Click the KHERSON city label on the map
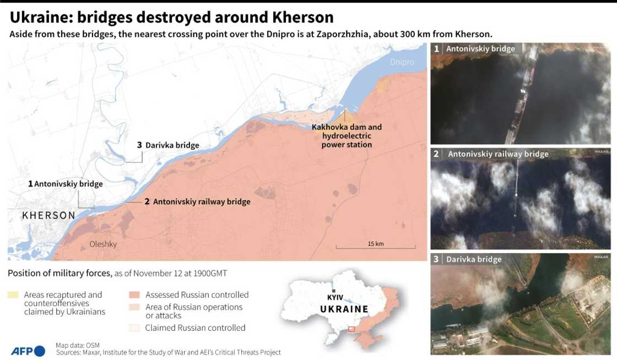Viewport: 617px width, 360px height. pos(48,215)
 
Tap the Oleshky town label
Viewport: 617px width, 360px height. pos(103,244)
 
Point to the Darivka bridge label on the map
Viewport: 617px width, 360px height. pos(168,145)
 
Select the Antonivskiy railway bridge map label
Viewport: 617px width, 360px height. pos(197,202)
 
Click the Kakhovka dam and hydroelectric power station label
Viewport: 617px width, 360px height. pos(347,135)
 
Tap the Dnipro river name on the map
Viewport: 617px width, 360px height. pos(402,62)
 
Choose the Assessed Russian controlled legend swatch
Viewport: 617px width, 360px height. pos(134,295)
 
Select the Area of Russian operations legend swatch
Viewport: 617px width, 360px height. pos(134,307)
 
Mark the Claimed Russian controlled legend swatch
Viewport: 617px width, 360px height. pos(134,328)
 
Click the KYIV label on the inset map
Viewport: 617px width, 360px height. pos(335,297)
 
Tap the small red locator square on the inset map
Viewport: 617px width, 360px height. pos(351,330)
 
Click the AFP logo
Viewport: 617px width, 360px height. pos(28,351)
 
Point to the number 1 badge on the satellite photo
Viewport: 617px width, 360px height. pos(437,48)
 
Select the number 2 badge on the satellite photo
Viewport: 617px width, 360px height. pos(436,154)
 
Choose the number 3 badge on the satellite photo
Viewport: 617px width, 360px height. pos(436,259)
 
